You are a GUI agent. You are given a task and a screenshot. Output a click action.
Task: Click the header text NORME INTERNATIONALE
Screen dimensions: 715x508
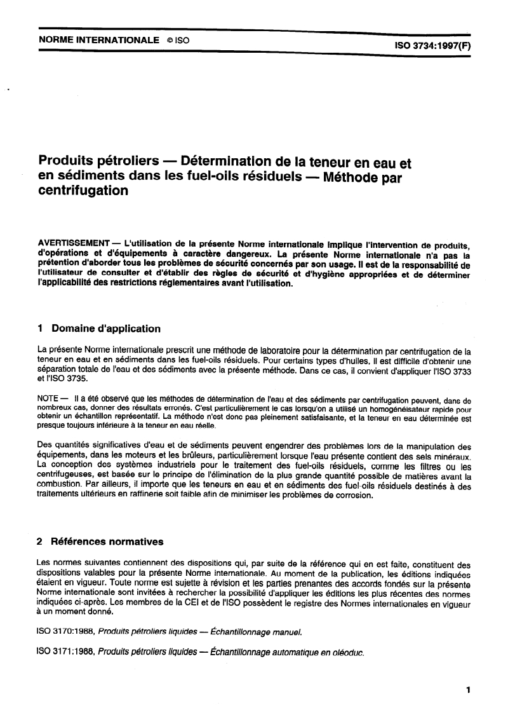(x=98, y=40)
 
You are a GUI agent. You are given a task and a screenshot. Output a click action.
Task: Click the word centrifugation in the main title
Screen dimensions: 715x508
(x=83, y=191)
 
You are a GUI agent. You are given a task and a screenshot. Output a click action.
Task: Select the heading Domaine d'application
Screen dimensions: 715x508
(x=106, y=329)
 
